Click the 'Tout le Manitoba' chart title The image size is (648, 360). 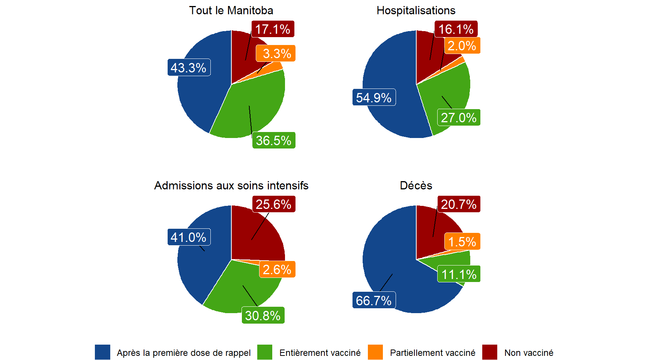click(x=231, y=10)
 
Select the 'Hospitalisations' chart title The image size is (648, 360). click(x=416, y=10)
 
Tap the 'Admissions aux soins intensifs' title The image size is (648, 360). click(x=231, y=186)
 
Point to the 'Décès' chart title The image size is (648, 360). click(x=416, y=186)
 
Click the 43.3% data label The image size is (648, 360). click(x=189, y=67)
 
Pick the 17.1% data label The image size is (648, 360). click(x=273, y=29)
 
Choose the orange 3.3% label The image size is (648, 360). click(x=276, y=53)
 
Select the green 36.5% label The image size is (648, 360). click(x=274, y=140)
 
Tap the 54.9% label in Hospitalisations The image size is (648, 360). click(x=374, y=97)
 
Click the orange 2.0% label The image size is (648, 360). click(x=462, y=46)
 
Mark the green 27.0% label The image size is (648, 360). click(x=459, y=117)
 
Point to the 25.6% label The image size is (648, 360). click(x=273, y=204)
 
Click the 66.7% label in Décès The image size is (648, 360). click(x=374, y=300)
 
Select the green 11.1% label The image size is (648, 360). click(x=459, y=274)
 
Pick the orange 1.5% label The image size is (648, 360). click(x=462, y=242)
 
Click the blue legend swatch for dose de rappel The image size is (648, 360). click(x=102, y=352)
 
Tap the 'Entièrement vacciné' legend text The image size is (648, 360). click(x=320, y=353)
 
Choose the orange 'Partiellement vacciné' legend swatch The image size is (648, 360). click(x=375, y=352)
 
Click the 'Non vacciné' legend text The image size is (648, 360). click(x=529, y=353)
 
